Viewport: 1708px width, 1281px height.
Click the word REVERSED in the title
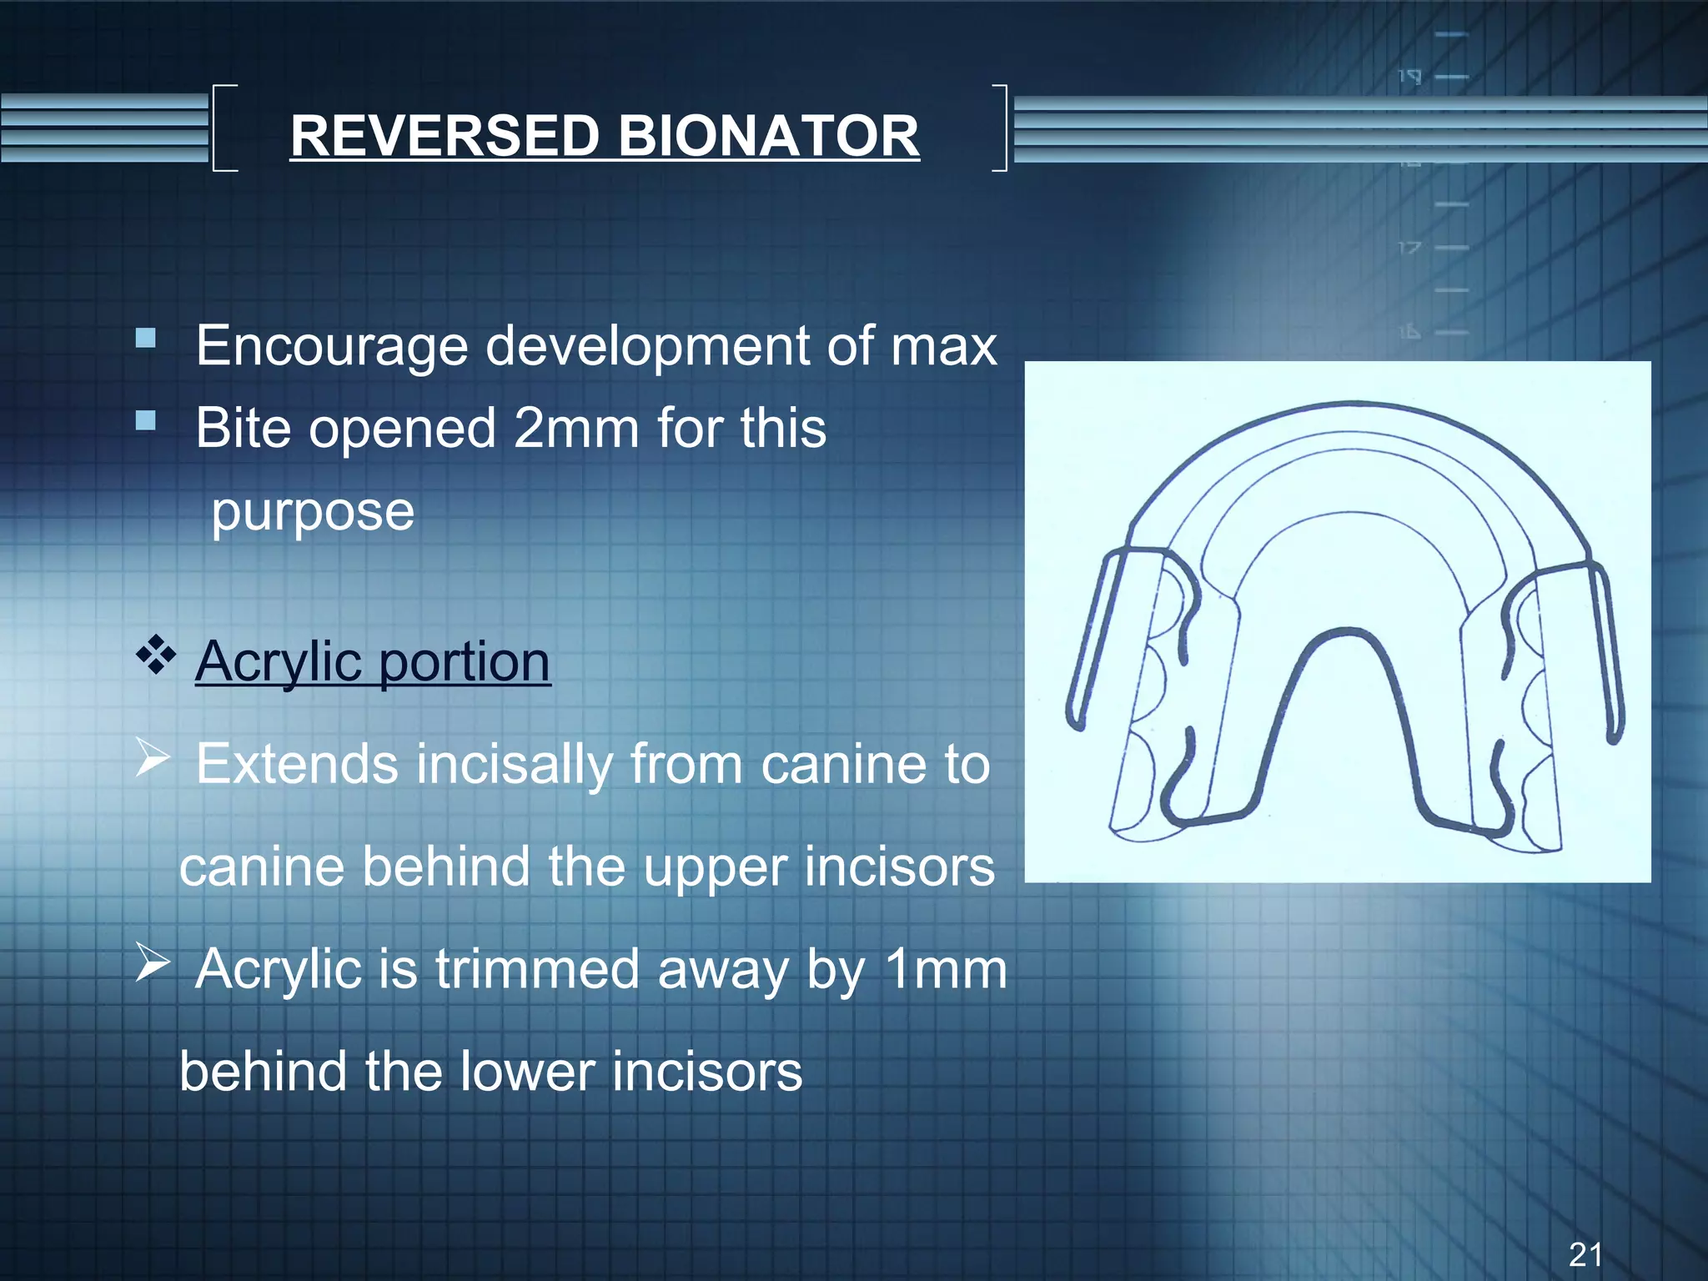(x=445, y=136)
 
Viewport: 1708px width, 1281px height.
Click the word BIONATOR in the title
(x=768, y=136)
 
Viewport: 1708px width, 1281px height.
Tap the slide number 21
(x=1585, y=1253)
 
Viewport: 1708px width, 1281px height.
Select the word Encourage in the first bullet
(x=331, y=346)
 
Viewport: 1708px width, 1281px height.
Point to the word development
(x=647, y=346)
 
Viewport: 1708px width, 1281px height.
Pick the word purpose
(x=313, y=511)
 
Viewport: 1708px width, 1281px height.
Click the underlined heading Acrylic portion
(x=373, y=661)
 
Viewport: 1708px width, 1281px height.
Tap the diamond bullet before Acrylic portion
(x=156, y=655)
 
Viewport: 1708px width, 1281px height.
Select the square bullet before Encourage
(x=146, y=339)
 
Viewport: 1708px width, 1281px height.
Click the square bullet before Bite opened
(x=146, y=420)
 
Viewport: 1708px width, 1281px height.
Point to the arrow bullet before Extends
(x=153, y=758)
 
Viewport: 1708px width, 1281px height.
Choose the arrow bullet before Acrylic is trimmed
(x=153, y=963)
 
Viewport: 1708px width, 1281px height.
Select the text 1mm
(x=945, y=969)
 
